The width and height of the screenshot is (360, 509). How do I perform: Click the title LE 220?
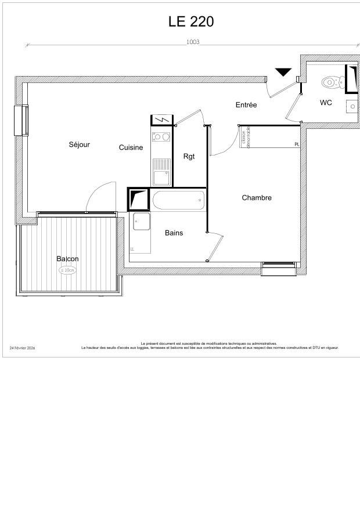pos(191,21)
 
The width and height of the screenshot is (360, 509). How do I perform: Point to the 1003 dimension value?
pos(193,42)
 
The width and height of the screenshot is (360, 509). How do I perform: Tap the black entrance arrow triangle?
pos(283,72)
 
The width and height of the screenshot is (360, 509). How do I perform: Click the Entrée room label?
pos(246,105)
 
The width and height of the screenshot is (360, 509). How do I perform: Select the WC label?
pos(326,103)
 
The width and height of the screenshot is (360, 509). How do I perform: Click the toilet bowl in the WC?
pos(331,82)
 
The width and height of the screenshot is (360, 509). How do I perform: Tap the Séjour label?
pos(80,145)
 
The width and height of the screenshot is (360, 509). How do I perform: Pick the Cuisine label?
pos(131,147)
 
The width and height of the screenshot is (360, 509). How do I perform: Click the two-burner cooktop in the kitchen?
pos(161,137)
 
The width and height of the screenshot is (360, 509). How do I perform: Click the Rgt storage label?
pos(189,157)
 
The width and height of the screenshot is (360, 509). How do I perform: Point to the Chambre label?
pos(257,198)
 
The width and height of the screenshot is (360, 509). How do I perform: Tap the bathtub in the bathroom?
pos(178,201)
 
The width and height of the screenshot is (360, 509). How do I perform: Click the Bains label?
pos(174,233)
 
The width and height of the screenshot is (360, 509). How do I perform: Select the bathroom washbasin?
pos(141,221)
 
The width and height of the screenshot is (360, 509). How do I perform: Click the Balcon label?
pos(67,259)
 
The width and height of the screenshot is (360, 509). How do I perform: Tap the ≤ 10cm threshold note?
pos(67,270)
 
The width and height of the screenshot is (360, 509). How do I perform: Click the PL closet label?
pos(297,145)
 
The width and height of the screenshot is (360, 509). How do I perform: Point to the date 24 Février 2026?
pos(22,348)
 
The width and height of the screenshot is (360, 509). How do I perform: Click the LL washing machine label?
pos(132,250)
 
